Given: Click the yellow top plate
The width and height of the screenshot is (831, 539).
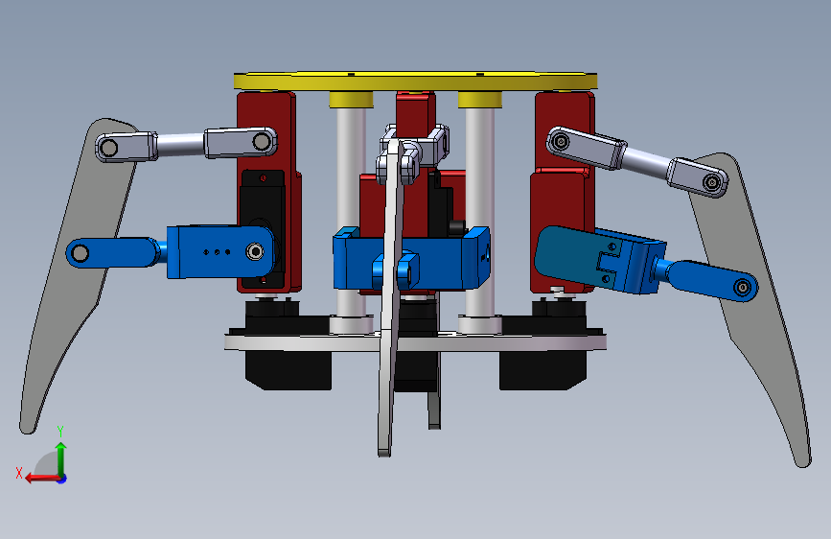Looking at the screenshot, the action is pos(416,81).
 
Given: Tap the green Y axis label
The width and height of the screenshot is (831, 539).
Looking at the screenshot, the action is pos(60,431).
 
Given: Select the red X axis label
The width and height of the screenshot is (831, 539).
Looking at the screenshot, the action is pos(19,473).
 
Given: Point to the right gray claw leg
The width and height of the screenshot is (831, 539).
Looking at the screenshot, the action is pos(752,297).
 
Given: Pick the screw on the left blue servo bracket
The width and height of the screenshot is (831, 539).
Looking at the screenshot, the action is pos(255,251).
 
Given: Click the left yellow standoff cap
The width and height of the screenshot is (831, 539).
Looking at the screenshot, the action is pos(351,99).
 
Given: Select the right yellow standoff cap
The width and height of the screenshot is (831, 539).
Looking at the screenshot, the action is pos(479,99).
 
